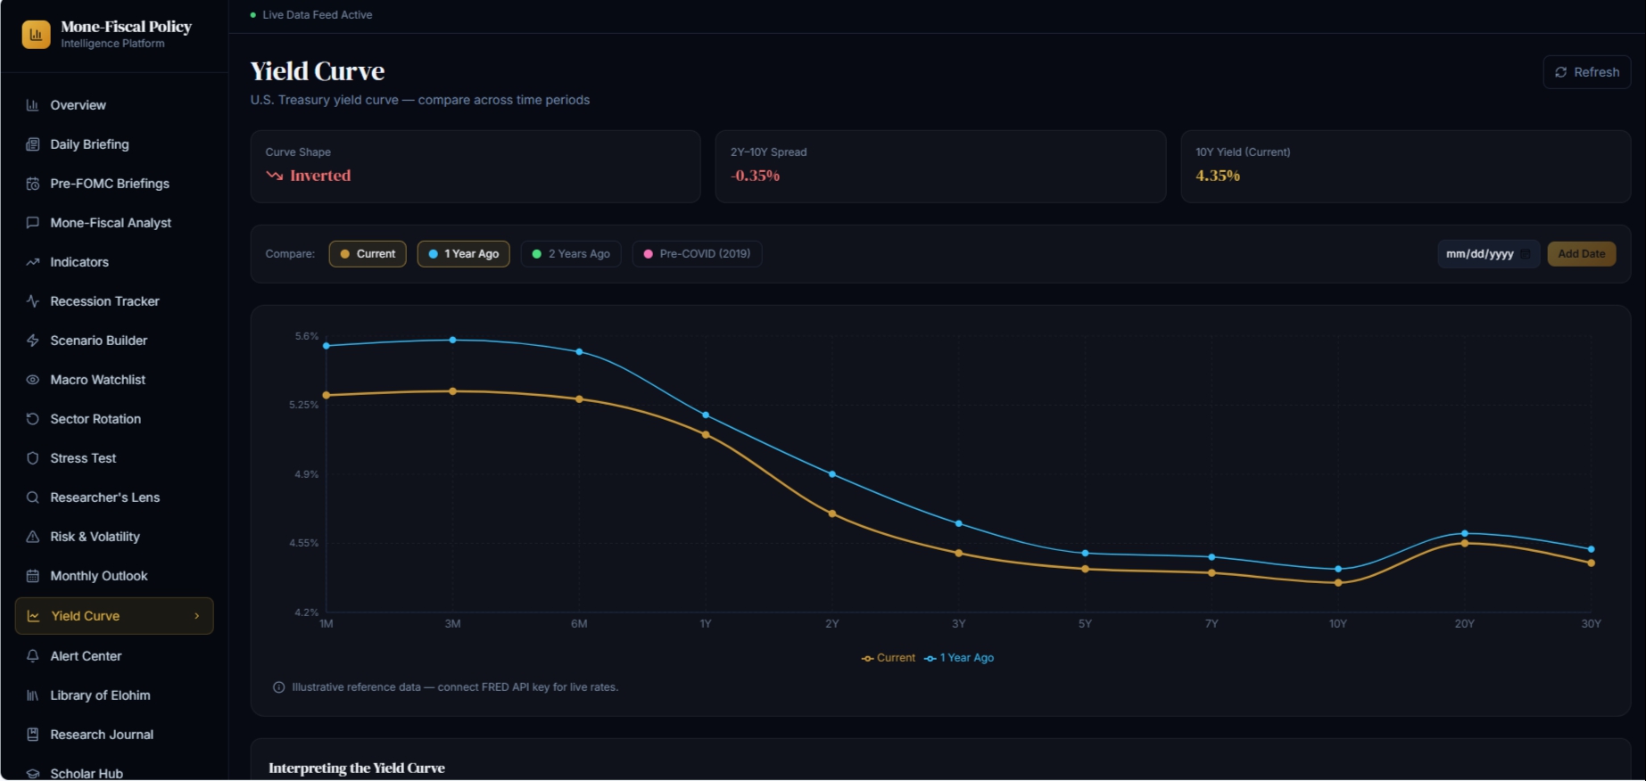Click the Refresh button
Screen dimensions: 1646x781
tap(1587, 72)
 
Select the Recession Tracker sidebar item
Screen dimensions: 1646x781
tap(104, 301)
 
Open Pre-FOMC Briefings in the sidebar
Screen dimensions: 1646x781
tap(110, 184)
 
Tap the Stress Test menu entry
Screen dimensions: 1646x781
tap(83, 458)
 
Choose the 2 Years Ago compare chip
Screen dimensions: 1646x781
tap(571, 254)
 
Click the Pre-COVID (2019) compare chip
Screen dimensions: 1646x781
tap(697, 254)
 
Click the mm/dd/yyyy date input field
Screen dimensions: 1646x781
tap(1488, 254)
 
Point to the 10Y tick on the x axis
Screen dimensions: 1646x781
tap(1338, 624)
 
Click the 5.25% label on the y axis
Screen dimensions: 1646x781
tap(303, 405)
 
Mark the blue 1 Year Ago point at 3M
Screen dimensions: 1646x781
tap(453, 340)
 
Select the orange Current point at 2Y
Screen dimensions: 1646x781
tap(832, 514)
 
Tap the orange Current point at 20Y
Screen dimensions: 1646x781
tap(1465, 543)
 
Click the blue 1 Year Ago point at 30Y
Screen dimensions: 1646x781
tap(1592, 549)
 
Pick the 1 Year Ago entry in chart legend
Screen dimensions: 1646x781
tap(959, 658)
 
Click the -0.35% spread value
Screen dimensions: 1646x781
tap(756, 176)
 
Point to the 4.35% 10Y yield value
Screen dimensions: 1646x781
tap(1218, 176)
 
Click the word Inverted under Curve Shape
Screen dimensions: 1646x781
tap(320, 176)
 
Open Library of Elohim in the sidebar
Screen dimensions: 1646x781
tap(100, 695)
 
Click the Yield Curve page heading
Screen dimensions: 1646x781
tap(318, 71)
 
